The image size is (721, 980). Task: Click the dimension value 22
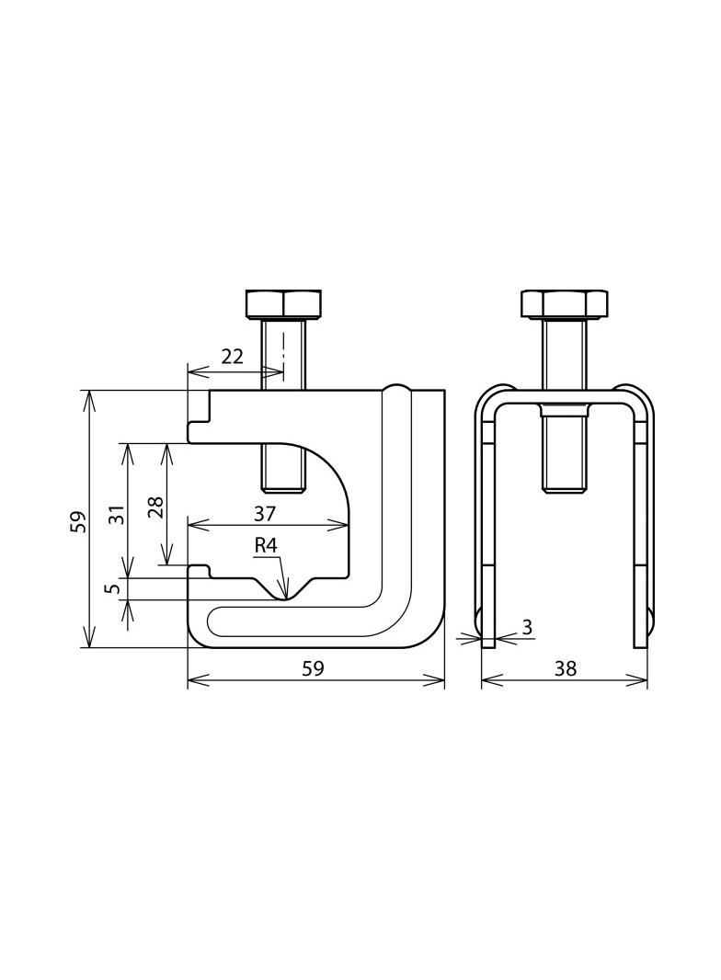click(232, 357)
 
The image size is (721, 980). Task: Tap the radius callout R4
click(266, 546)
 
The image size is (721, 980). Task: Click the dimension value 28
click(155, 507)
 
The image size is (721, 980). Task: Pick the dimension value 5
click(112, 587)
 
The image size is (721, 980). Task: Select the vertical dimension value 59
click(78, 521)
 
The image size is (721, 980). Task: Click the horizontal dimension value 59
click(313, 668)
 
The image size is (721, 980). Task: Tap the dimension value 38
click(565, 668)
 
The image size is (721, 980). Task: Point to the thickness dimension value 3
click(527, 627)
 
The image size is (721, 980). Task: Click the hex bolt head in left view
click(283, 303)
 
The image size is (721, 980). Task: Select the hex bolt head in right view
click(565, 303)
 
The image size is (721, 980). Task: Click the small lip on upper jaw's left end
click(198, 432)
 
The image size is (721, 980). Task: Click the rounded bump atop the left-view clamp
click(396, 387)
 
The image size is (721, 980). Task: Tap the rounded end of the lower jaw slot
click(215, 621)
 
